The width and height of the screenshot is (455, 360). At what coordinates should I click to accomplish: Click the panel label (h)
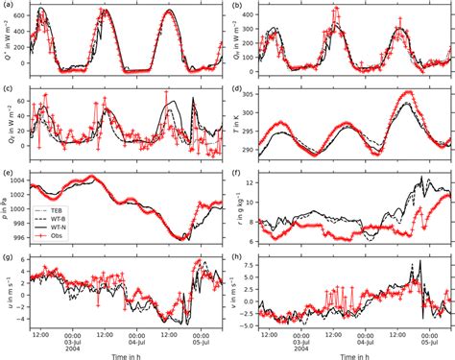[x=236, y=257]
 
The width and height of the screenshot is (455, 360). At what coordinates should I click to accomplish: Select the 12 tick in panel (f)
[x=255, y=180]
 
